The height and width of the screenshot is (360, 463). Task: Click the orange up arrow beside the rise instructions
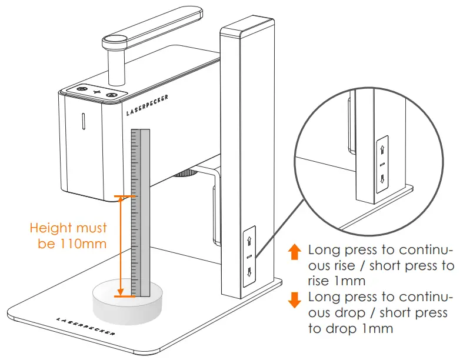point(295,252)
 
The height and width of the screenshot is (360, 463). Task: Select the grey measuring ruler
point(141,212)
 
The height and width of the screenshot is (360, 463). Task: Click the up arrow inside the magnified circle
point(382,149)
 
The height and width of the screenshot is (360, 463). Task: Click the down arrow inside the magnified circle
point(382,178)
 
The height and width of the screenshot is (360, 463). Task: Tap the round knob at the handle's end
point(116,41)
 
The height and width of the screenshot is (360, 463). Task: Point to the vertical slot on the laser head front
point(82,120)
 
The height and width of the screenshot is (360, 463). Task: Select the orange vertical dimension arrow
point(121,246)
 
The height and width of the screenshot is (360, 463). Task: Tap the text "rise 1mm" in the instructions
point(336,281)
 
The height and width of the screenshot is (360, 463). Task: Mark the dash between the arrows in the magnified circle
point(382,164)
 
